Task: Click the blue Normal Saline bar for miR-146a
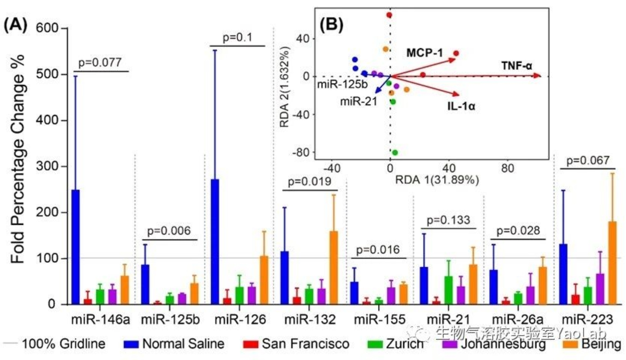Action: pos(76,247)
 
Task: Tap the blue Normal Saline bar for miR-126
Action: pos(215,242)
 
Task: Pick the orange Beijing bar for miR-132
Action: pos(333,268)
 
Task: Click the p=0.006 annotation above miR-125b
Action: pos(169,231)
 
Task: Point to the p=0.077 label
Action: pos(100,62)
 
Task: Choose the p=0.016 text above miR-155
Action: pos(378,250)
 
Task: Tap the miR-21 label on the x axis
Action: pos(449,320)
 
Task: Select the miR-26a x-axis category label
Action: pos(517,320)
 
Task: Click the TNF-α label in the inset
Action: pos(517,66)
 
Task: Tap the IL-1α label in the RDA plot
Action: pos(461,106)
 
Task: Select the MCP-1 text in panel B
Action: pos(425,53)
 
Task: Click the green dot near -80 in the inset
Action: pos(395,153)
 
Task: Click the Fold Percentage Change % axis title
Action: pos(18,159)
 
